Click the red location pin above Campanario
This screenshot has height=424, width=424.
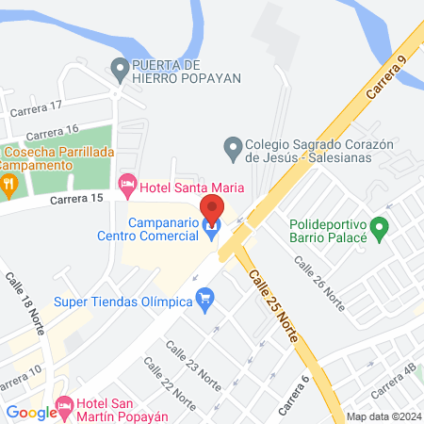(212, 205)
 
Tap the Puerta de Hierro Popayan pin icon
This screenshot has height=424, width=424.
(120, 70)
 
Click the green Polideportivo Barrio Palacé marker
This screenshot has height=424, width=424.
(379, 227)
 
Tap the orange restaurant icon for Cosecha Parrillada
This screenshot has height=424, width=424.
(8, 183)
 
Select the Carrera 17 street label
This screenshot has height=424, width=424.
(36, 109)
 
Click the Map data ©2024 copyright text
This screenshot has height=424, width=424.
(383, 416)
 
